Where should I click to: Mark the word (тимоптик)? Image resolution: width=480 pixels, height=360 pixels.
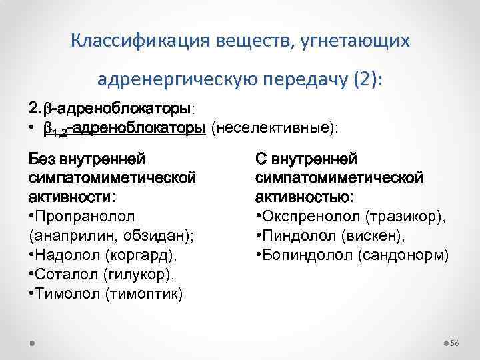pyautogui.click(x=144, y=293)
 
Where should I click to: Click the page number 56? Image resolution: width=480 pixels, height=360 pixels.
pyautogui.click(x=455, y=343)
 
